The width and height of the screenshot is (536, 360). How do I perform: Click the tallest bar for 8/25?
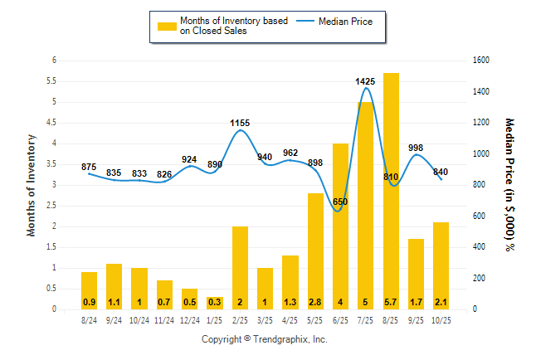391,191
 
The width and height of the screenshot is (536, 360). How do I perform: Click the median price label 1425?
366,81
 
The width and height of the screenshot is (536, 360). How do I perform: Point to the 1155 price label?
240,123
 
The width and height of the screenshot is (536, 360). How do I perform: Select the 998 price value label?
416,148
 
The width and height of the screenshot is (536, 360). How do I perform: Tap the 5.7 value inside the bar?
391,301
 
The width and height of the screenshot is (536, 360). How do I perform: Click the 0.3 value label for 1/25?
215,301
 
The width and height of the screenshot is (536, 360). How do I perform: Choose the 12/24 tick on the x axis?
189,319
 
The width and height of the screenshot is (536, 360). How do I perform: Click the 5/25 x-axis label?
315,319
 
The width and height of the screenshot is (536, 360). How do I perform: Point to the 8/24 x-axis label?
89,319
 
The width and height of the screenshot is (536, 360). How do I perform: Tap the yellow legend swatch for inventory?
168,26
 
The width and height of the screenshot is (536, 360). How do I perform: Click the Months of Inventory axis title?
32,184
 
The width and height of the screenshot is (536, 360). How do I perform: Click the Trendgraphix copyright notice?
265,339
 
